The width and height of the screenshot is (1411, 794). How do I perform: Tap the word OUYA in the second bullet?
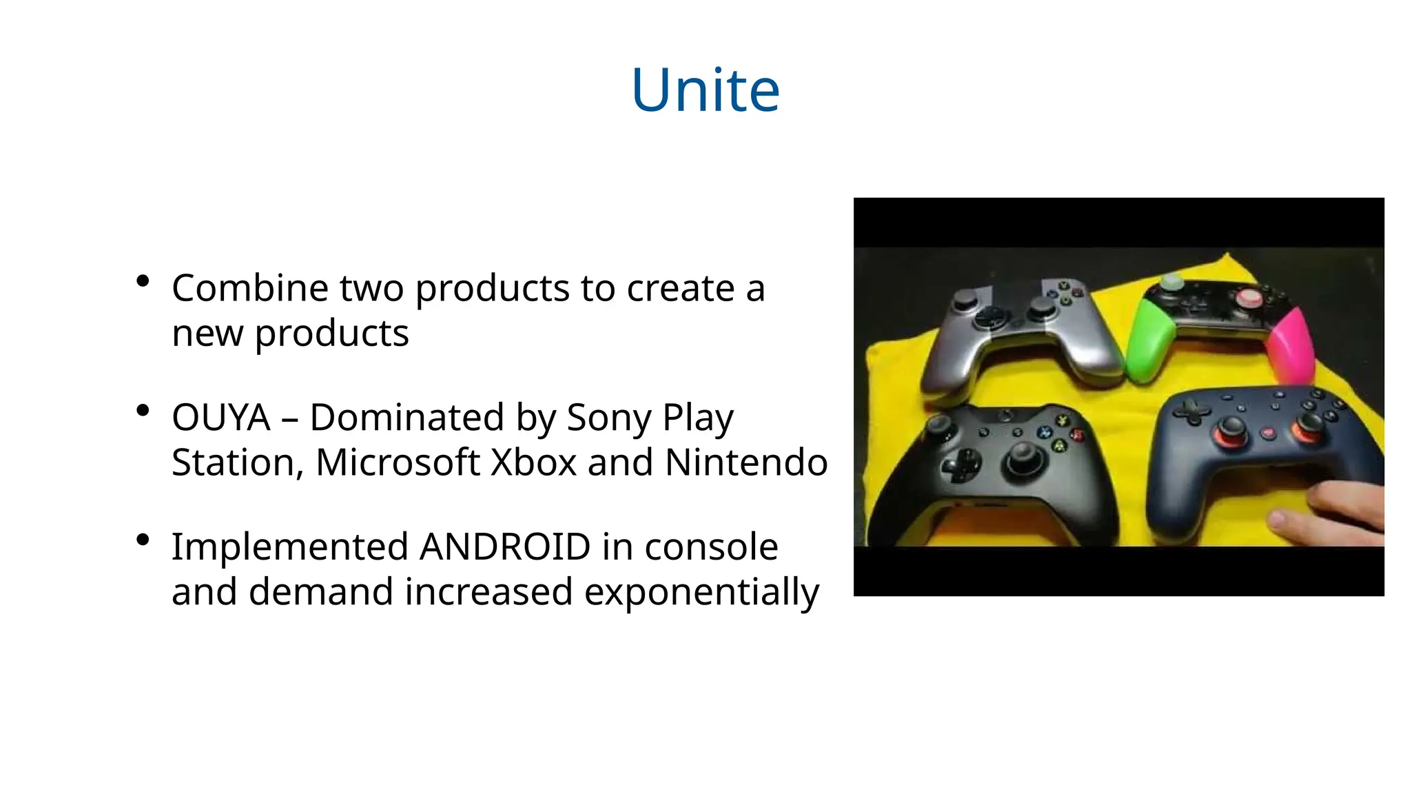(220, 418)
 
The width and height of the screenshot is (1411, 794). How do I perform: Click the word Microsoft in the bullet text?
(398, 462)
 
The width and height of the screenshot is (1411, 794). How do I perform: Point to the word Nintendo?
(746, 462)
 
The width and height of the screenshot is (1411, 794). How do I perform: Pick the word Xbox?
(533, 462)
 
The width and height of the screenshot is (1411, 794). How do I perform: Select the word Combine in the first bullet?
(249, 288)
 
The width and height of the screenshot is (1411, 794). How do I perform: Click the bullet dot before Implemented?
(143, 540)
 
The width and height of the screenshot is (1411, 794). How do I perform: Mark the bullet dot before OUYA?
(143, 411)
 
